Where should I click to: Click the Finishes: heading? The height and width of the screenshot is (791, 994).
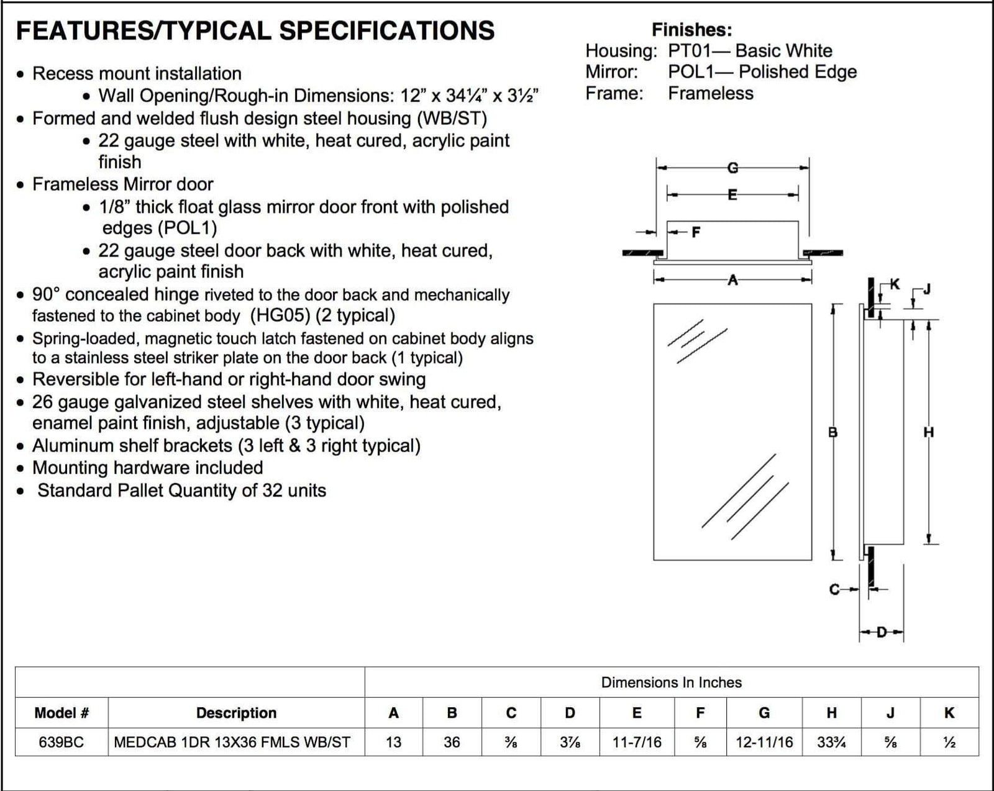(x=691, y=30)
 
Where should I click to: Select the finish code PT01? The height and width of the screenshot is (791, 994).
(x=688, y=51)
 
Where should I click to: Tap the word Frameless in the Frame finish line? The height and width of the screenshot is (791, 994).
(x=711, y=94)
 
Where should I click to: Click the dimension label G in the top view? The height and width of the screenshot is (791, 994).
(x=732, y=168)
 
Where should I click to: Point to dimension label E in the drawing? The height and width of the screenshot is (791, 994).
(x=732, y=195)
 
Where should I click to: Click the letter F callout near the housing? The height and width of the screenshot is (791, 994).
(x=696, y=232)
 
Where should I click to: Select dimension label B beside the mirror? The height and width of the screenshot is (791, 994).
(x=833, y=432)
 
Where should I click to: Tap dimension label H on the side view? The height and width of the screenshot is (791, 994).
(x=928, y=432)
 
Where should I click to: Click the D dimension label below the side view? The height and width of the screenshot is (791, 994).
(x=881, y=633)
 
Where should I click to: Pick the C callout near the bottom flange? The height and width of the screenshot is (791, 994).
(x=834, y=589)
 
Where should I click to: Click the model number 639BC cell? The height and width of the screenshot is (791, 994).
(x=61, y=743)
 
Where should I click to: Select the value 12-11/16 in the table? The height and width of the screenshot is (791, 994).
(x=764, y=743)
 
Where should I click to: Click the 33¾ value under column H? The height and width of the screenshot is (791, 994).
(x=831, y=743)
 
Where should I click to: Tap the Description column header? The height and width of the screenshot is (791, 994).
(x=236, y=713)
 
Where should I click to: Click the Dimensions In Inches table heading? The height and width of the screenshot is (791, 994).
(x=671, y=682)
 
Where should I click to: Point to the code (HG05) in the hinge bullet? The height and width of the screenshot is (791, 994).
(x=280, y=316)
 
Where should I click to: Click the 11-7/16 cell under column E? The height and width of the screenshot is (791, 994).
(x=637, y=743)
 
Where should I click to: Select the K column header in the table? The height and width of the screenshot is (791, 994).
(x=949, y=713)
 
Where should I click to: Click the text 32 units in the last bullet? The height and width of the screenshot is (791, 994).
(x=294, y=490)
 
